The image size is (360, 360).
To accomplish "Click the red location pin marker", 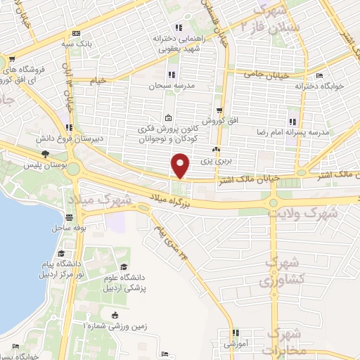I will tap(181, 167).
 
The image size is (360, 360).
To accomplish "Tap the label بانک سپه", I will tap(95, 43).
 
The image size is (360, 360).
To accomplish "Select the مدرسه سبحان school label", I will tap(164, 86).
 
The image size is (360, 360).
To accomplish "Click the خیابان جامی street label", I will tap(262, 72).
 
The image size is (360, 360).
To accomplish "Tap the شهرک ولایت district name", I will tap(307, 211).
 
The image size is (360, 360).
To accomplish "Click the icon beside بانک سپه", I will tap(76, 33).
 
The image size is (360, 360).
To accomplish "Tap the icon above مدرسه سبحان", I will tap(170, 75).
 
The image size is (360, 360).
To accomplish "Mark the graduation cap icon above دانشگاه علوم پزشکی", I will tap(124, 266).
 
